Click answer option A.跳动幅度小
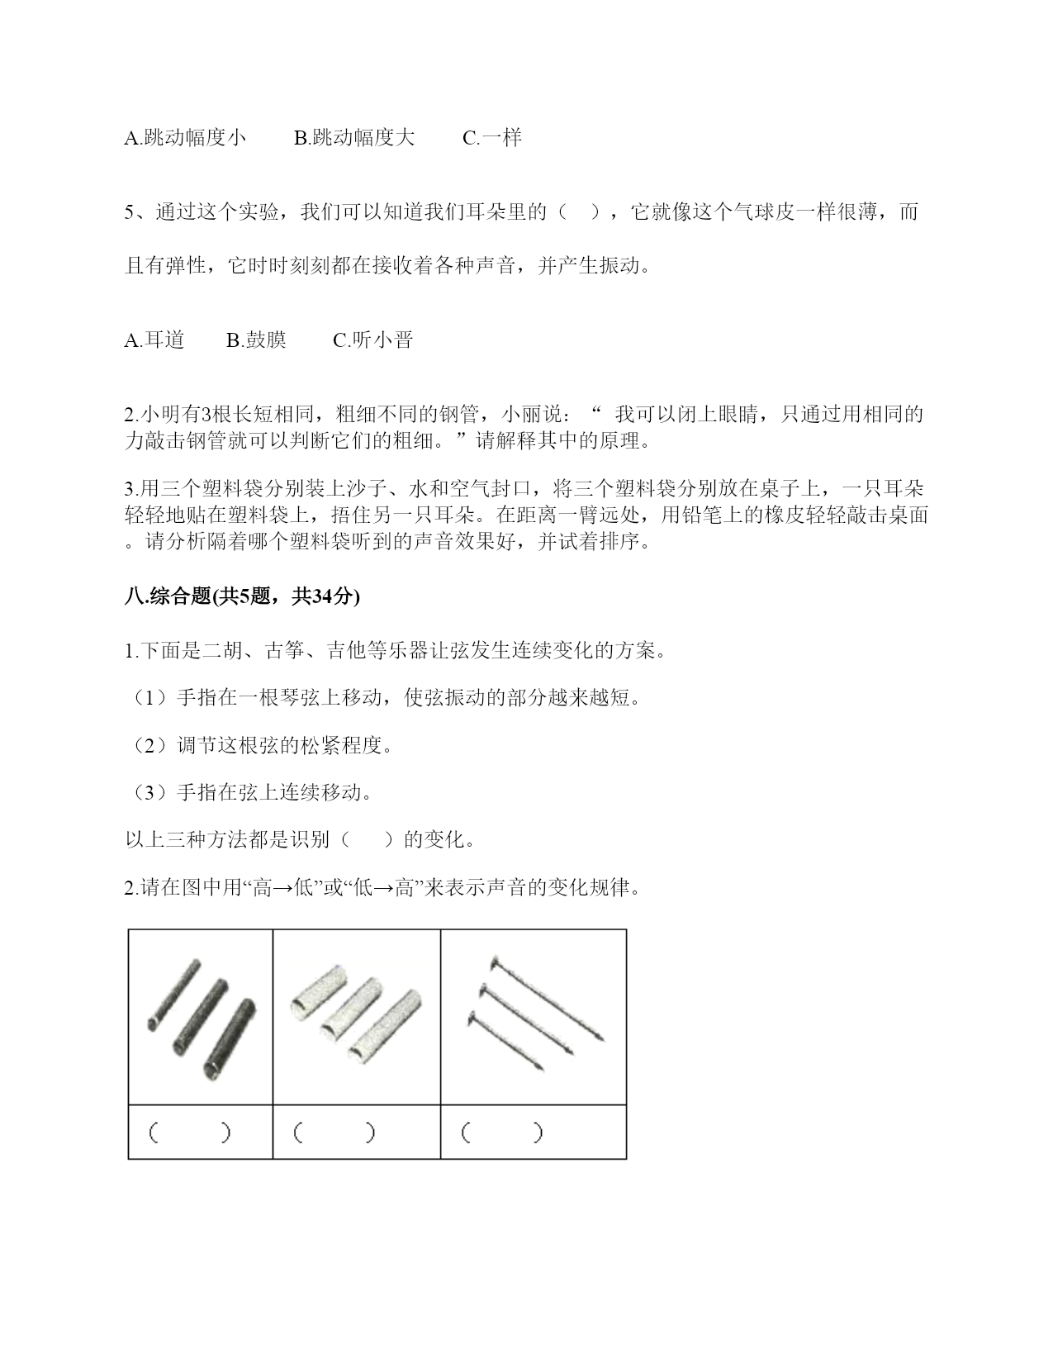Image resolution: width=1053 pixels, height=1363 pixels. pos(185,138)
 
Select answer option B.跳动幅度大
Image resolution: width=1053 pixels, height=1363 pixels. pos(354,138)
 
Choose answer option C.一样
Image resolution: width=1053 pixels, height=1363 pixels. pos(492,138)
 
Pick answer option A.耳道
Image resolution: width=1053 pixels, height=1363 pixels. pos(154,340)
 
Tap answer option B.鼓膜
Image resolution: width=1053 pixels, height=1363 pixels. pos(257,340)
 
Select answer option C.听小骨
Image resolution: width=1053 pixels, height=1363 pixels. pos(372,340)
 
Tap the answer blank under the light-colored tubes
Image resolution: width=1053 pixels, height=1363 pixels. pos(334,1132)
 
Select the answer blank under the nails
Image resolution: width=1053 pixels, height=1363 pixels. pos(503,1132)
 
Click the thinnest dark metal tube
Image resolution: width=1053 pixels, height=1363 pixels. pos(173,995)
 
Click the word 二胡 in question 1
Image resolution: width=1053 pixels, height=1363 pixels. pos(222,651)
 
